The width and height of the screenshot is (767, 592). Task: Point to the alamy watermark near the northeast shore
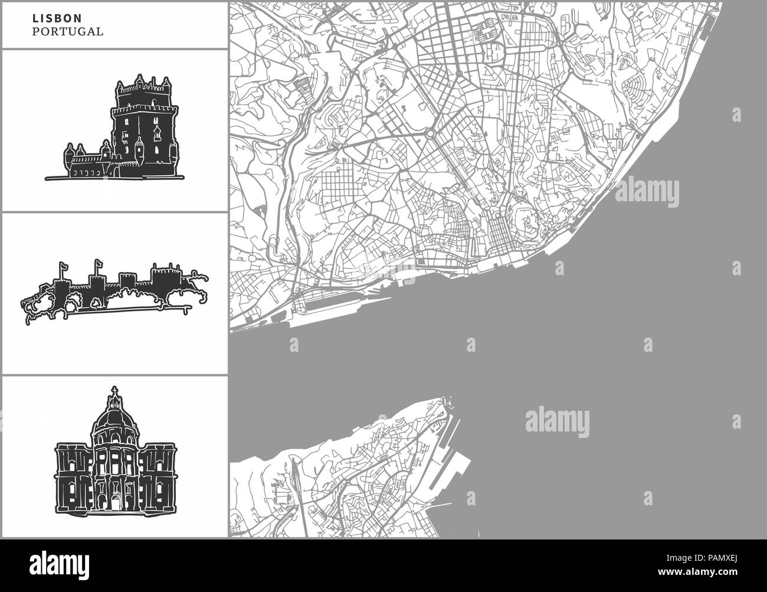click(647, 192)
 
